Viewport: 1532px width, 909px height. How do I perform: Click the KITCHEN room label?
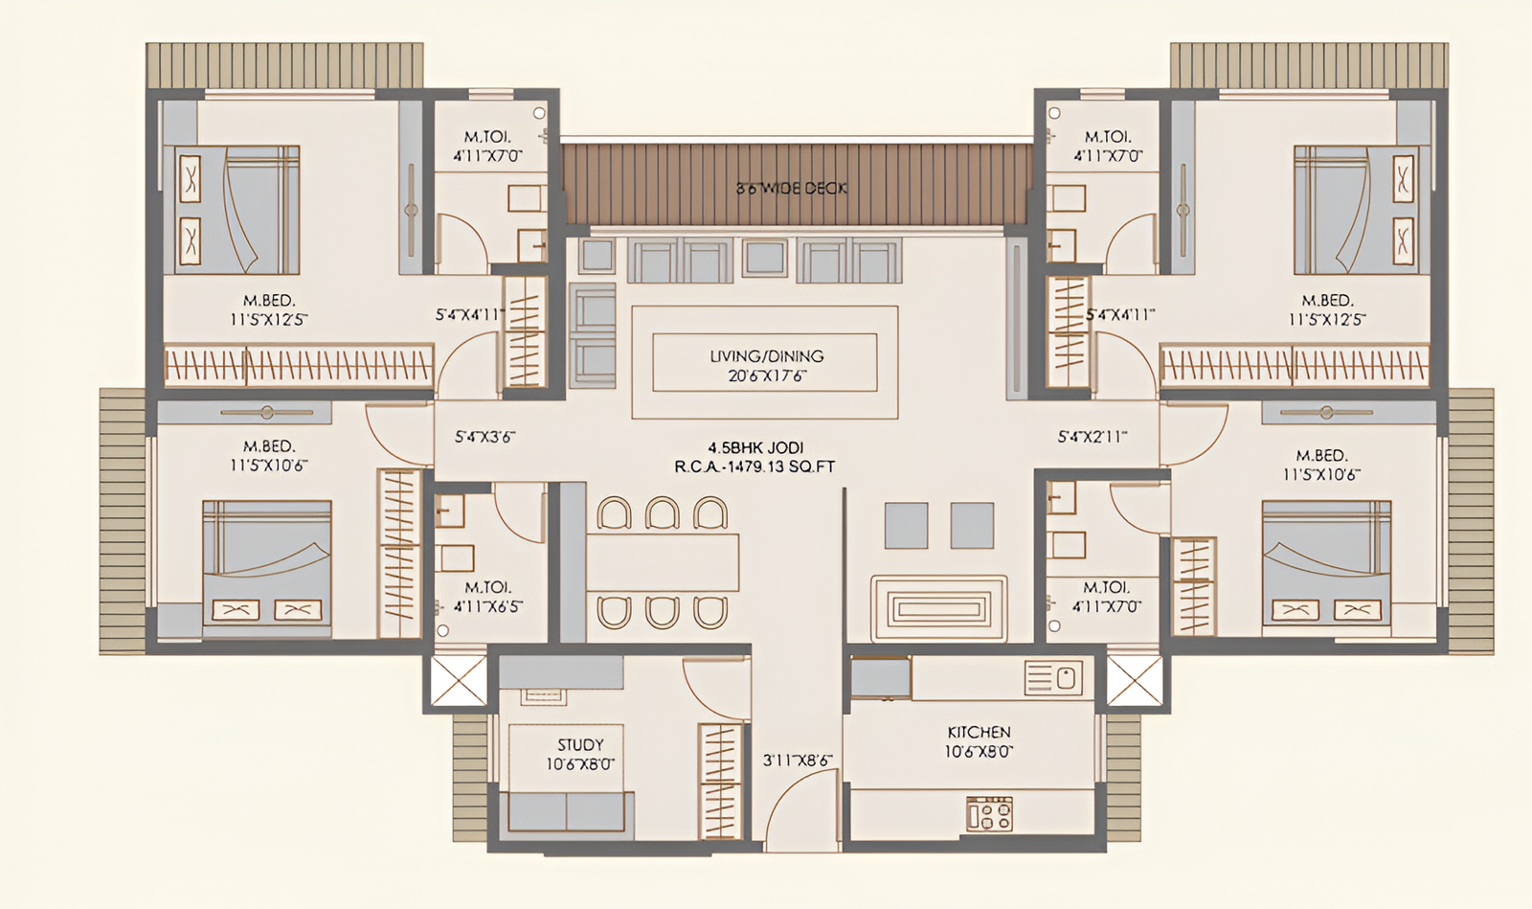(979, 732)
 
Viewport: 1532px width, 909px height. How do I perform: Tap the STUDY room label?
(580, 744)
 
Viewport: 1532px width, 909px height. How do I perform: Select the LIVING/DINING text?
(766, 356)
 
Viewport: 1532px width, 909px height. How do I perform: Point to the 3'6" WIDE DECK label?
(791, 189)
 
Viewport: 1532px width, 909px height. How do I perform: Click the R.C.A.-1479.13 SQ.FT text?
(755, 467)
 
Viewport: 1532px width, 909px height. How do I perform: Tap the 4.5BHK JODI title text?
(755, 447)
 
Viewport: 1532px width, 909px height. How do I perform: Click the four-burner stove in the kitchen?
(989, 814)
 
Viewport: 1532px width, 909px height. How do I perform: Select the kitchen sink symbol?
(1053, 678)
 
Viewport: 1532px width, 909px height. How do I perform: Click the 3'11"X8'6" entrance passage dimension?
(797, 761)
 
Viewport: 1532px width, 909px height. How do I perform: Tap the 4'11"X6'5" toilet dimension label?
(487, 606)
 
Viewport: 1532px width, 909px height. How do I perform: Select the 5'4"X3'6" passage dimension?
(484, 437)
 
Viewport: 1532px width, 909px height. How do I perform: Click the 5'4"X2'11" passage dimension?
(1092, 437)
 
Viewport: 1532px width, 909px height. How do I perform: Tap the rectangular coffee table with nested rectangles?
(938, 608)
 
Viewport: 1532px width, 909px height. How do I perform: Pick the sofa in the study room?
(566, 812)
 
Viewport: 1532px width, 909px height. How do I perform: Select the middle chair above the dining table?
(662, 513)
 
